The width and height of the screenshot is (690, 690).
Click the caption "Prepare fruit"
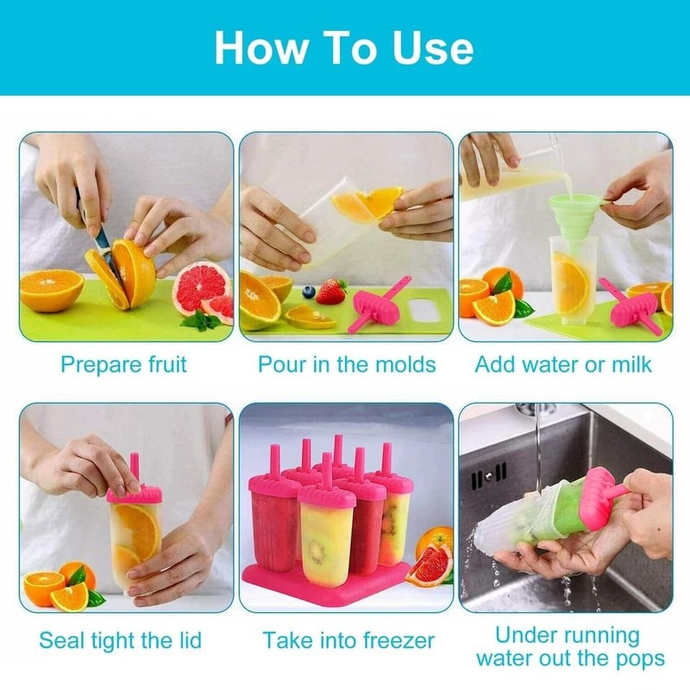tap(123, 364)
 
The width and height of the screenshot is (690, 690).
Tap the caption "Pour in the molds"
tap(347, 364)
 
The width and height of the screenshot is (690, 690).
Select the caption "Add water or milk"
tap(564, 364)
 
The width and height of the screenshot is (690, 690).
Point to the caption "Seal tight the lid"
tap(120, 640)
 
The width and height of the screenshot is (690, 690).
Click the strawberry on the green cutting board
tap(330, 292)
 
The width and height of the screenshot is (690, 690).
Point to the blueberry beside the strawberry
tap(309, 292)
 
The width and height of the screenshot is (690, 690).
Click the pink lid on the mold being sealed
tap(135, 493)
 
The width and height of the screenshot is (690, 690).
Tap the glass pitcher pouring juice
tap(509, 172)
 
